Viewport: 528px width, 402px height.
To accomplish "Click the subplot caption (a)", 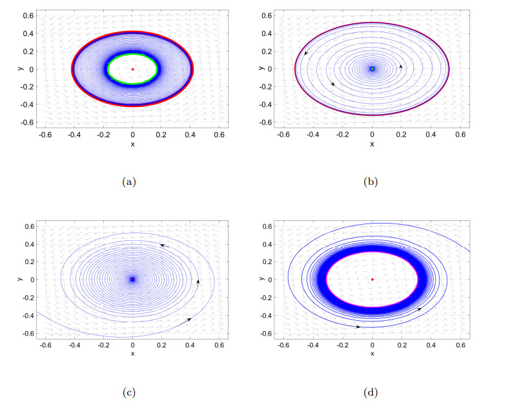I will coord(129,182).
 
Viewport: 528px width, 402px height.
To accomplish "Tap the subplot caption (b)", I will coord(372,182).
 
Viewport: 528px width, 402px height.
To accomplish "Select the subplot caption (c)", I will coord(129,392).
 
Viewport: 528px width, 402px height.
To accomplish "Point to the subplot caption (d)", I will coord(372,392).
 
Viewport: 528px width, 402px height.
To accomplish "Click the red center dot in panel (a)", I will coord(132,69).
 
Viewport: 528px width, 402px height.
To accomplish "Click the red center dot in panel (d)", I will coord(372,280).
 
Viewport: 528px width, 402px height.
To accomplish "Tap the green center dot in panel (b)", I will coord(372,69).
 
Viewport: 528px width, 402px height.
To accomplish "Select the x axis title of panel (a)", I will coord(132,144).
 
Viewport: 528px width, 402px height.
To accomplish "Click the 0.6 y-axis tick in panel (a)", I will coord(28,15).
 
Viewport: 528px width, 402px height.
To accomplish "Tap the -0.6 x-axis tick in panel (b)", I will coord(283,135).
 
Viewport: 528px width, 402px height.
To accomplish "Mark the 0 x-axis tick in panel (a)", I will coord(132,135).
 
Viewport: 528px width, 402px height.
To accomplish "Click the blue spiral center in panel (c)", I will coord(132,280).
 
